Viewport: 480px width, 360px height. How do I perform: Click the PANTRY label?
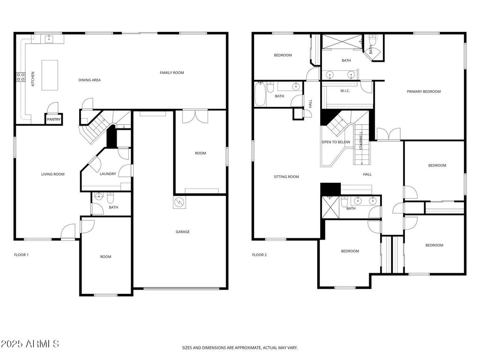54,120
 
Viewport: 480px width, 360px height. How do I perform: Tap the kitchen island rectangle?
50,75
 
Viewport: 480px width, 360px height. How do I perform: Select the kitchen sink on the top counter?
49,39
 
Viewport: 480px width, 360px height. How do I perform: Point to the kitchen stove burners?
21,77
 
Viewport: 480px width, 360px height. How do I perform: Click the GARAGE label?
182,232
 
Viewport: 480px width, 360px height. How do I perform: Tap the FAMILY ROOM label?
172,73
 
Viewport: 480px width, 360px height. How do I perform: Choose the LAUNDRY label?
108,174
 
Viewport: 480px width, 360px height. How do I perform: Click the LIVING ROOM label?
52,174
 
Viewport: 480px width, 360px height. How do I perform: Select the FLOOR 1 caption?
21,255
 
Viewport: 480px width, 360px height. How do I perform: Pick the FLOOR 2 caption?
259,255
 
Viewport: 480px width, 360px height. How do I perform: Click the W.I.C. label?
345,91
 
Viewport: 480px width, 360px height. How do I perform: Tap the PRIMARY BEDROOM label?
424,91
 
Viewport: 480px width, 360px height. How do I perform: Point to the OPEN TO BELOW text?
336,142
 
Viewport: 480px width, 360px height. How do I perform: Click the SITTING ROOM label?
286,177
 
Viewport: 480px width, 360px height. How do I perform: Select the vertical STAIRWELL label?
361,141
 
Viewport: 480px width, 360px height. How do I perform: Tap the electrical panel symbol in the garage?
180,202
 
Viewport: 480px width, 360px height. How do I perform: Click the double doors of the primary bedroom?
389,134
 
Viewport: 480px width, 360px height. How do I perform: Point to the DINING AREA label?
90,80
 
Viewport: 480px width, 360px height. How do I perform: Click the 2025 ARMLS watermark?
30,344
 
